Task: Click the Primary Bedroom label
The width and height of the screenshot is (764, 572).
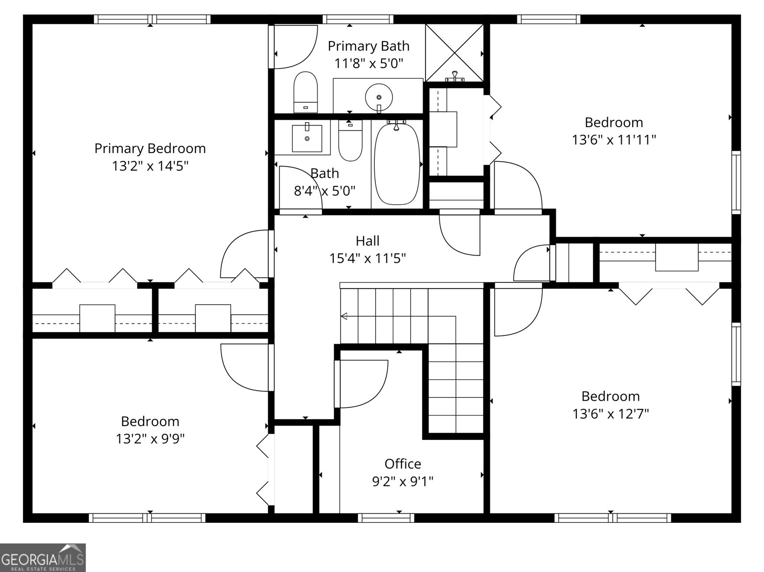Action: [x=150, y=148]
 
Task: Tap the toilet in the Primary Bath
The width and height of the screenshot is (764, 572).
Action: [x=306, y=92]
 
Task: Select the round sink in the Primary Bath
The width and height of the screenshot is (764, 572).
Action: [x=379, y=98]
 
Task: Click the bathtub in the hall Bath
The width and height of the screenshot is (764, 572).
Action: [x=397, y=163]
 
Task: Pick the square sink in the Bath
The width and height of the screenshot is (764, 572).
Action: [x=307, y=138]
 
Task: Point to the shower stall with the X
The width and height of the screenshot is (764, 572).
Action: [x=455, y=53]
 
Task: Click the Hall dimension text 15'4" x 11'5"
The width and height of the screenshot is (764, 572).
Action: [x=368, y=259]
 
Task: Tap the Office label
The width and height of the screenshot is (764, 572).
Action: [x=403, y=464]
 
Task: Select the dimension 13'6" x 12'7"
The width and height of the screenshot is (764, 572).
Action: [x=611, y=414]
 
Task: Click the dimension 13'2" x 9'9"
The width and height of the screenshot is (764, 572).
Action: [x=150, y=439]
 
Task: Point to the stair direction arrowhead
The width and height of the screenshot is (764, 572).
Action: [x=344, y=316]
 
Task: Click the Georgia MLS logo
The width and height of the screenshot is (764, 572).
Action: [x=42, y=557]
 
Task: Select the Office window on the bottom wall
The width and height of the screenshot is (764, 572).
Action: [x=386, y=518]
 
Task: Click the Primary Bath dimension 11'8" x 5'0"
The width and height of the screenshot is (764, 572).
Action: [x=369, y=63]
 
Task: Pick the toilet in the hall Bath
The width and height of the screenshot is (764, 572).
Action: [x=350, y=140]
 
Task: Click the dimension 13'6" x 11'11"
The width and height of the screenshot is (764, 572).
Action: [x=614, y=140]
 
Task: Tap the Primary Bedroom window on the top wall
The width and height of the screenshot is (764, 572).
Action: [x=152, y=19]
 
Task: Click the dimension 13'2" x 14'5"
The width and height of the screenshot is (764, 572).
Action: [x=150, y=166]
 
